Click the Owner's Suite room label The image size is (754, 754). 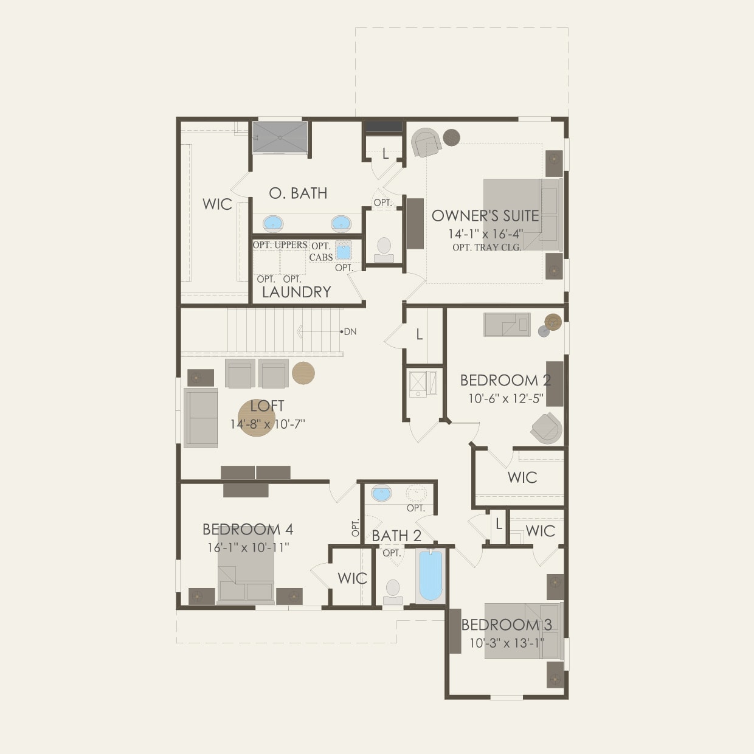485,216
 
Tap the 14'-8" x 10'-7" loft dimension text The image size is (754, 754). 267,424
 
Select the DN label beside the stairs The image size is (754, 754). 350,331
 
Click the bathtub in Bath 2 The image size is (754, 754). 431,575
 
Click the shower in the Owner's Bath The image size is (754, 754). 280,138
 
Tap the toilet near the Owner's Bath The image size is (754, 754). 384,248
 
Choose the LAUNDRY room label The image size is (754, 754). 296,292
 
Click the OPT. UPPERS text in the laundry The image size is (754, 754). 280,245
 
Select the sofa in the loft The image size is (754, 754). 201,418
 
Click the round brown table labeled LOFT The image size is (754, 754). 256,417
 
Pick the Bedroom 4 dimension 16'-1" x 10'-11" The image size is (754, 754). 247,547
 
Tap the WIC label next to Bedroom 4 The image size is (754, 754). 352,578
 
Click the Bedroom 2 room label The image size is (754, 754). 505,381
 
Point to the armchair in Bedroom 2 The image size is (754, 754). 546,428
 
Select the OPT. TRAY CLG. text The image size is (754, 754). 486,247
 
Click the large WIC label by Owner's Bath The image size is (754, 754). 217,204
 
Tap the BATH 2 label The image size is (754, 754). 396,536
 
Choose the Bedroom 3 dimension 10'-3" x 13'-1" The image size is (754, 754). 506,643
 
